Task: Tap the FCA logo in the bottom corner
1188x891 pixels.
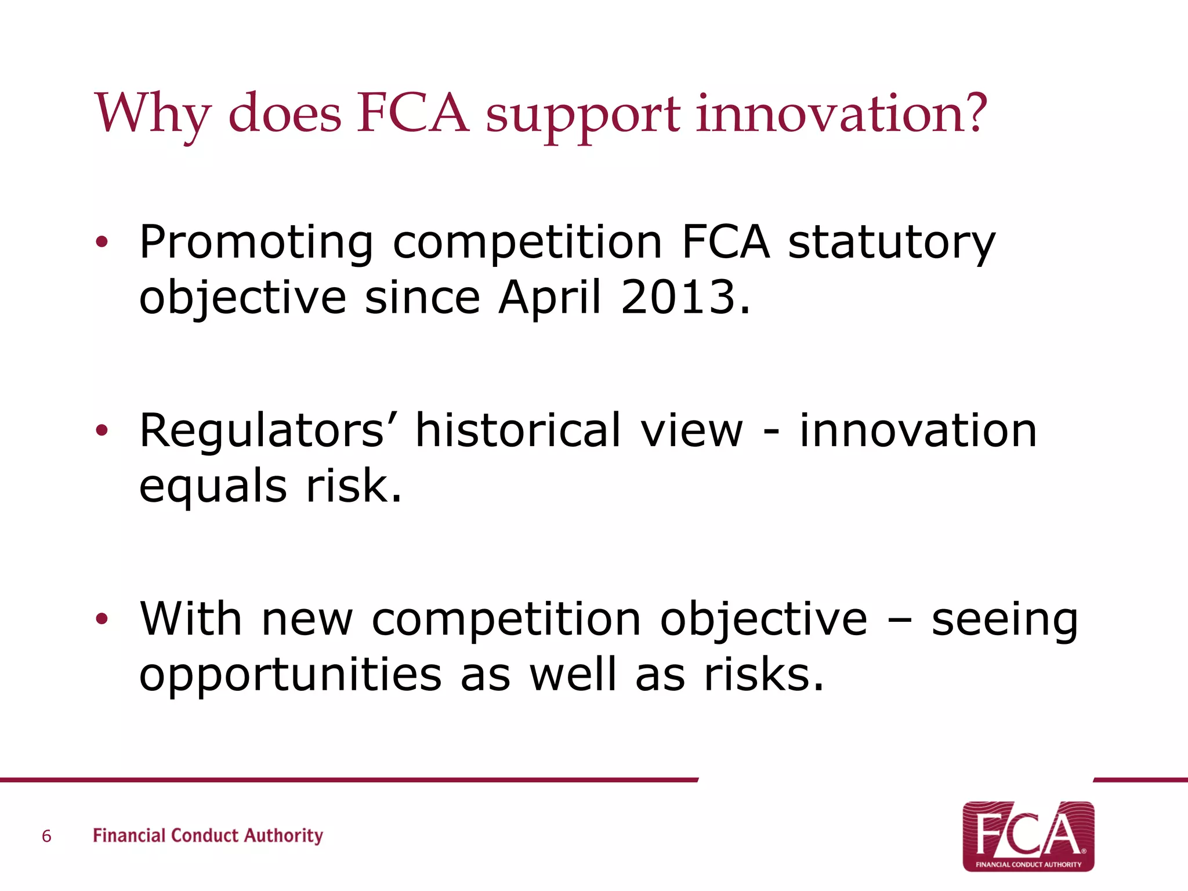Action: [1028, 836]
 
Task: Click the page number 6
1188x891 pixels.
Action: [46, 836]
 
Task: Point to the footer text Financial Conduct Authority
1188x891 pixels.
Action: [208, 835]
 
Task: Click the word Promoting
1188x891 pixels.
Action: [256, 243]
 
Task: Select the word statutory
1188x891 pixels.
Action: [892, 243]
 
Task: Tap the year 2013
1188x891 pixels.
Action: [678, 297]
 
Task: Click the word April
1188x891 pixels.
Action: [549, 297]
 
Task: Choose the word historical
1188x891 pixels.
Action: [518, 430]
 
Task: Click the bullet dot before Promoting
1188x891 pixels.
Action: [102, 243]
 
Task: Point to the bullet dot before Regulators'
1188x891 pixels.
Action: [102, 431]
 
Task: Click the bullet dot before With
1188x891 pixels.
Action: [102, 619]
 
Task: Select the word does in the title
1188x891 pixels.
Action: [285, 113]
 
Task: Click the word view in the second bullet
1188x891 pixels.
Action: [691, 430]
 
